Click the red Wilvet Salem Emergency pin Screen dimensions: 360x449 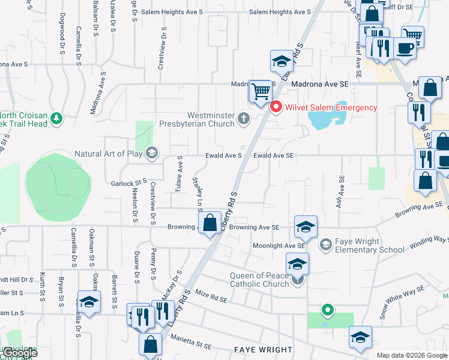[276, 107]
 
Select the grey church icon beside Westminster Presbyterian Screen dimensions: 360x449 [244, 118]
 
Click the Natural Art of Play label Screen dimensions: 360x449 [109, 154]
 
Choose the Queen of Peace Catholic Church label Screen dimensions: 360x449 [259, 280]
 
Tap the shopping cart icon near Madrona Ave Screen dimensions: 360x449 [260, 92]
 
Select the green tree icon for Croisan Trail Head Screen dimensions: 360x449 [56, 118]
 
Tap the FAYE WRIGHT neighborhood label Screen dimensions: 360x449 [263, 349]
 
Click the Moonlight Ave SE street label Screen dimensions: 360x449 [279, 246]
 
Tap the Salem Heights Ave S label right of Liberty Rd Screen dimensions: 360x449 [280, 12]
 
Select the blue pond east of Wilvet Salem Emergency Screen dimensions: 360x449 [325, 118]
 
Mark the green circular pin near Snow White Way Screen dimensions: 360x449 [327, 310]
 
